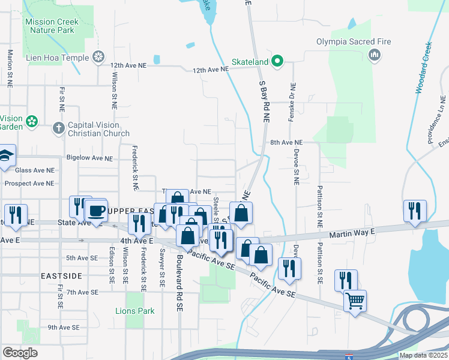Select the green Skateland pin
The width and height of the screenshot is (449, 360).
[277, 61]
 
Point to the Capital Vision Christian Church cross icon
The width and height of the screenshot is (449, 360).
[59, 127]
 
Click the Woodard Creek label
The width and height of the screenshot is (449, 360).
[424, 68]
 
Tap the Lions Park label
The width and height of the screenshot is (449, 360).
[135, 311]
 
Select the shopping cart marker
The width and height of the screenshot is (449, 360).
[355, 300]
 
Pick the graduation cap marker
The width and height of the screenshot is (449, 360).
[6, 155]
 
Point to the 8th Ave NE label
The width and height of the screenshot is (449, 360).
[286, 143]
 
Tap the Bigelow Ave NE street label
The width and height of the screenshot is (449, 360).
[89, 158]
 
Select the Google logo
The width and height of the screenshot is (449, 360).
[20, 353]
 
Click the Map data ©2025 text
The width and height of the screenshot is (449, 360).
[423, 355]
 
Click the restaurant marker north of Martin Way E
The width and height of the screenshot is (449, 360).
[415, 211]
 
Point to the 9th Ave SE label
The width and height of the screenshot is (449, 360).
[64, 328]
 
